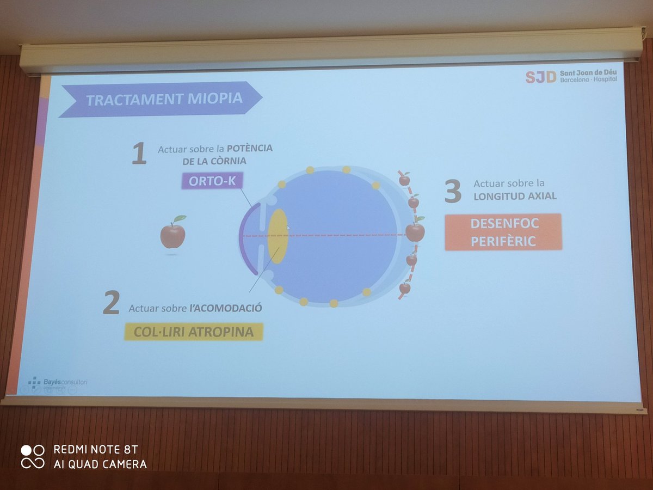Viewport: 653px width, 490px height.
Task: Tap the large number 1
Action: (139, 154)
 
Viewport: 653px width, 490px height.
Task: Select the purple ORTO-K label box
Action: (212, 180)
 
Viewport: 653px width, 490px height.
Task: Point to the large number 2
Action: (111, 304)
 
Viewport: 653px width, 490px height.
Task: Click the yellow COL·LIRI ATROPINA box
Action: (193, 332)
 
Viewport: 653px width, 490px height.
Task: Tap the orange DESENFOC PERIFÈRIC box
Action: (503, 232)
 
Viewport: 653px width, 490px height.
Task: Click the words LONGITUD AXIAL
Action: (515, 196)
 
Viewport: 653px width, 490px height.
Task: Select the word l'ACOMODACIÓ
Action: (226, 308)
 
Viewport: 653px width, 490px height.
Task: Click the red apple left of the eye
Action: (173, 234)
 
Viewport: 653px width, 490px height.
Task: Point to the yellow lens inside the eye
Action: (278, 236)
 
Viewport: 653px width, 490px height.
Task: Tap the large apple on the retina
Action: (415, 231)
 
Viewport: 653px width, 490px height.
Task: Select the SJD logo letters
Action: (540, 77)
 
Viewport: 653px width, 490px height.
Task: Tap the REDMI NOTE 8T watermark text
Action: (96, 450)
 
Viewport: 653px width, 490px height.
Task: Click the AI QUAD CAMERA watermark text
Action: (100, 464)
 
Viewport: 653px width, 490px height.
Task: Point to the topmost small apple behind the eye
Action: (404, 179)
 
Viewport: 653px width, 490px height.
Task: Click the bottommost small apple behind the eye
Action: (405, 287)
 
